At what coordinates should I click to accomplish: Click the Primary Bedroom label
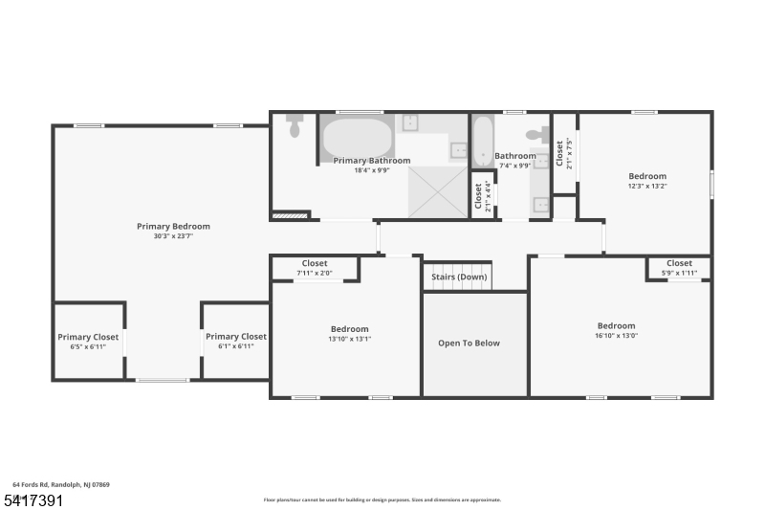(173, 227)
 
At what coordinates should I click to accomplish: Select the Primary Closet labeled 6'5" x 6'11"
(88, 337)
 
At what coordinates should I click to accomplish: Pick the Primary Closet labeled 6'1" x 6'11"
(235, 337)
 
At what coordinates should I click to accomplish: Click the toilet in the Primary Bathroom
(295, 125)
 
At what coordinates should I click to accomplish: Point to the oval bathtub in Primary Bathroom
(357, 138)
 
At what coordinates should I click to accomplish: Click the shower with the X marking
(438, 191)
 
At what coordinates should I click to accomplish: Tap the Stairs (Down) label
(459, 277)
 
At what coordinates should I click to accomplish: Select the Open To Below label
(469, 343)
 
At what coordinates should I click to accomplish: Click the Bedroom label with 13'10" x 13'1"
(349, 329)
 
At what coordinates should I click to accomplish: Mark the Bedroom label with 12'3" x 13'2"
(647, 176)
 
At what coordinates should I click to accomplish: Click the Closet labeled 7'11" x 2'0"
(314, 264)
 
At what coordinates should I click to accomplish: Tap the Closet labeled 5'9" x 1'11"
(679, 263)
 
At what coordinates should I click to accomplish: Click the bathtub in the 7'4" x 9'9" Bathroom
(482, 140)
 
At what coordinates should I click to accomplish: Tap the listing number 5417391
(33, 499)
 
